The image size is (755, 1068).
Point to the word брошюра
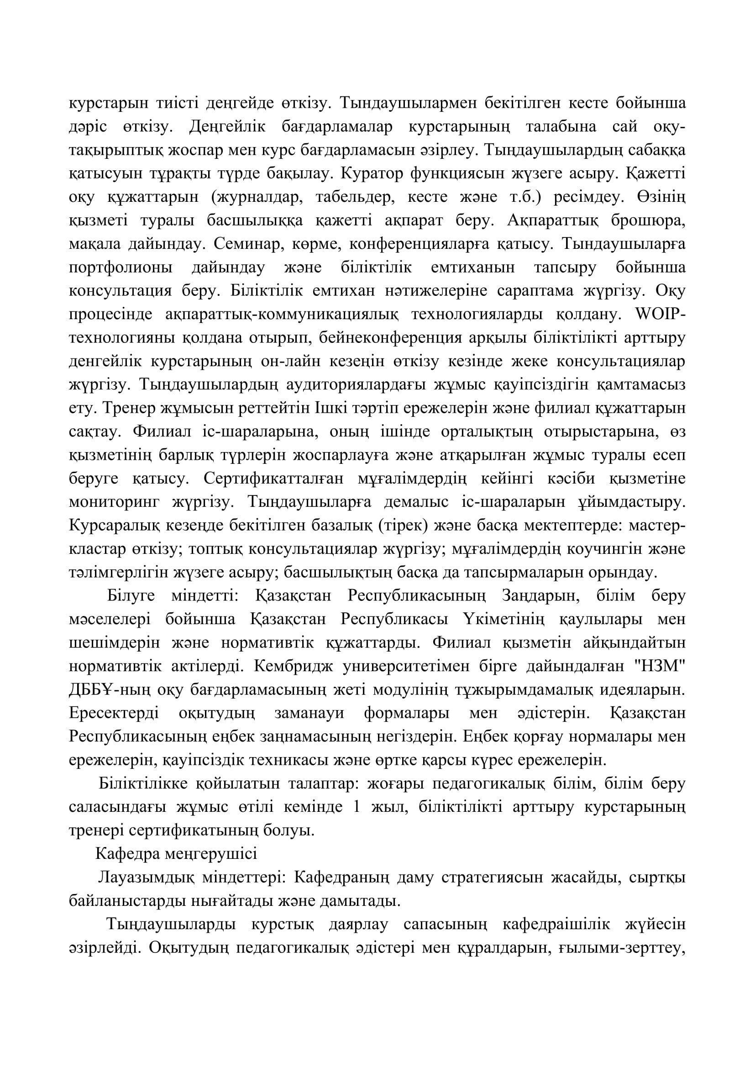648,221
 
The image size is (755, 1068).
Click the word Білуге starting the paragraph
131,596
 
